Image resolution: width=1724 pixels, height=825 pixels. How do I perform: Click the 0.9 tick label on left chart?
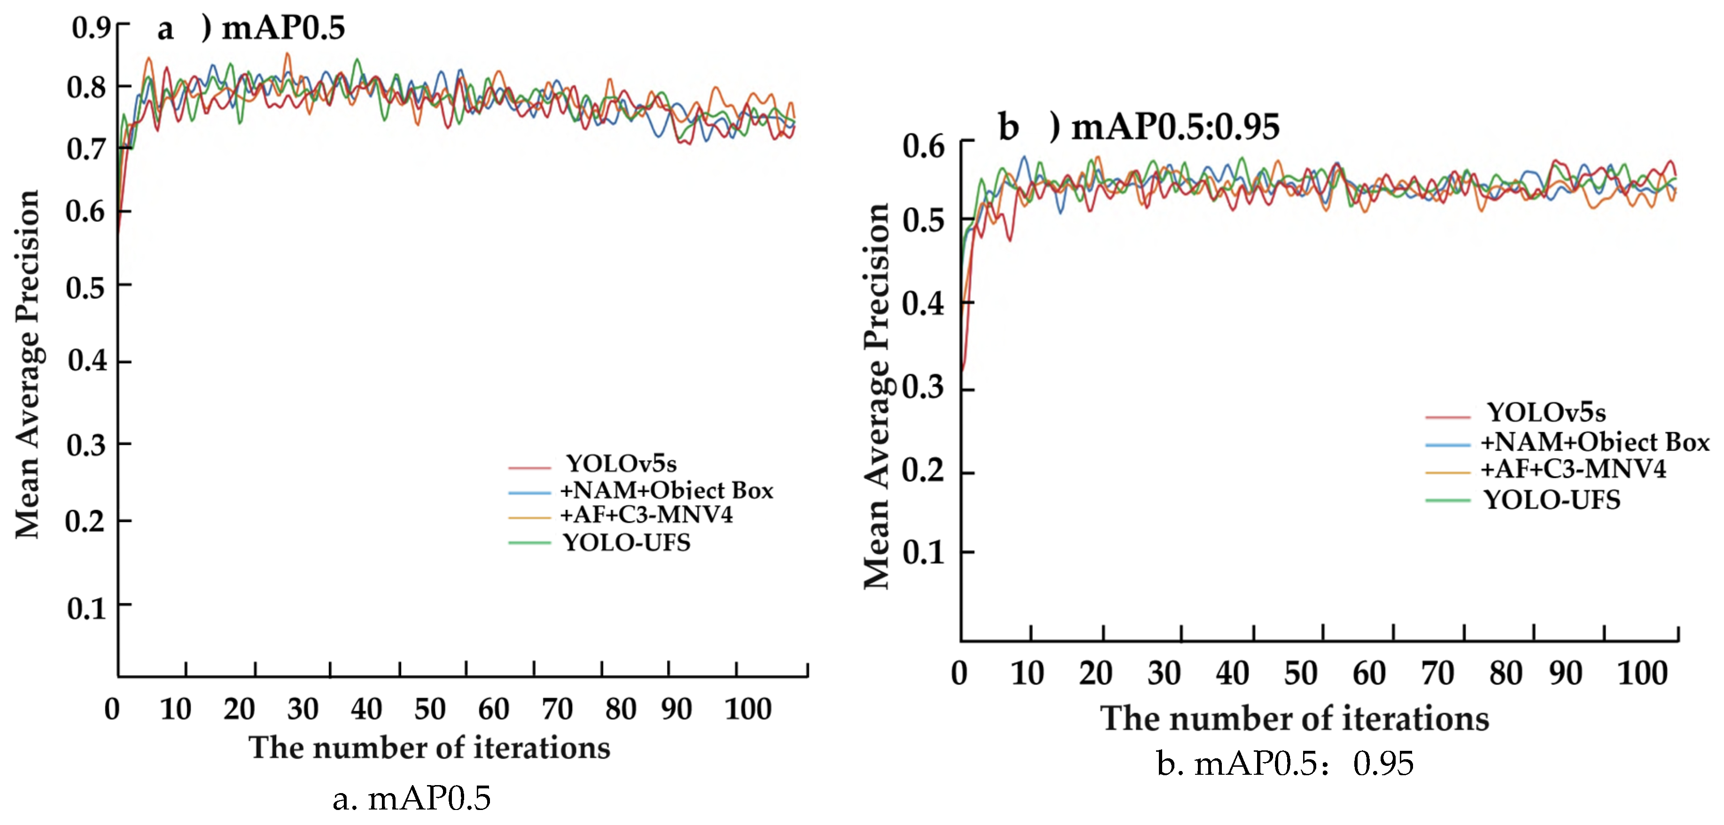click(90, 28)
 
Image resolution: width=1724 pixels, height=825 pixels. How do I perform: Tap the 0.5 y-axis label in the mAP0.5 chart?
click(85, 288)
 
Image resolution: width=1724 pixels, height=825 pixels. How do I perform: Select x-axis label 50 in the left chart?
click(430, 709)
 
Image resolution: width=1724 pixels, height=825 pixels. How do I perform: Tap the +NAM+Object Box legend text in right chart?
click(1595, 442)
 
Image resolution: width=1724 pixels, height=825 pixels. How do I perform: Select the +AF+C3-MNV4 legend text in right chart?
click(1573, 470)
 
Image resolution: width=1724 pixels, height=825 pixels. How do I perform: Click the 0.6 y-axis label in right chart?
click(924, 146)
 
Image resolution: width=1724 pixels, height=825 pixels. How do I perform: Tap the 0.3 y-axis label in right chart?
click(924, 387)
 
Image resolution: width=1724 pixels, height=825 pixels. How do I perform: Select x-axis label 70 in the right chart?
click(1437, 674)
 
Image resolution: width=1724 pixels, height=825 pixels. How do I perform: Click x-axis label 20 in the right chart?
click(1095, 674)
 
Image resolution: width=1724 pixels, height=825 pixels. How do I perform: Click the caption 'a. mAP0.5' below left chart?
click(412, 798)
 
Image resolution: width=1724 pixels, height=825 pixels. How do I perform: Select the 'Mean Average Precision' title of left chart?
click(28, 365)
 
